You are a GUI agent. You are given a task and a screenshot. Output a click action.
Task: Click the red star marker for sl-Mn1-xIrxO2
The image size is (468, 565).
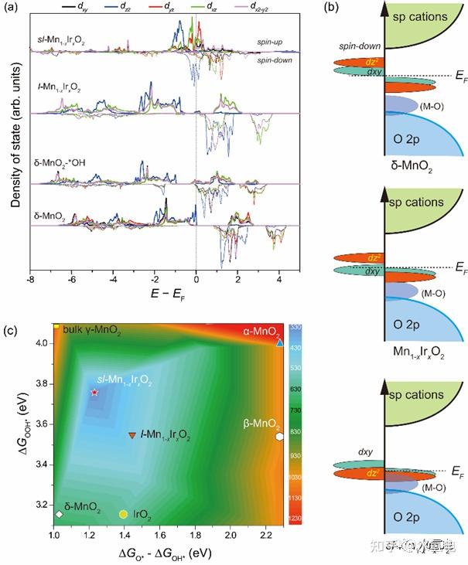tap(94, 393)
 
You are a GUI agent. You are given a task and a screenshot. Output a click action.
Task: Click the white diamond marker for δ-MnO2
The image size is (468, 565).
tap(60, 514)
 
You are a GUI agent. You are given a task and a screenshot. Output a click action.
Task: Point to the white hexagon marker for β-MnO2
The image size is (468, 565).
tap(278, 436)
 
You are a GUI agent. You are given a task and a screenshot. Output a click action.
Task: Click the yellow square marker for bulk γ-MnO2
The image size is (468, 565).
tap(56, 327)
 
